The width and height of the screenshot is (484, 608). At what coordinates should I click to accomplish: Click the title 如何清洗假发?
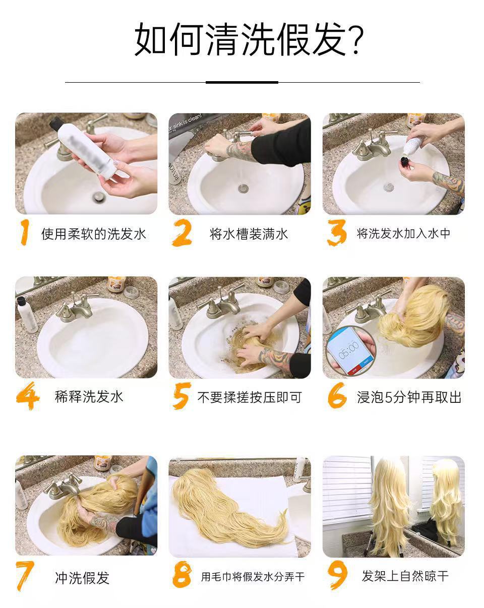pos(249,39)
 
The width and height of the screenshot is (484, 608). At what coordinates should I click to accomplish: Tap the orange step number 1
pos(25,232)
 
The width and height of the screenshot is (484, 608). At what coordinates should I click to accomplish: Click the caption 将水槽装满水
pos(249,234)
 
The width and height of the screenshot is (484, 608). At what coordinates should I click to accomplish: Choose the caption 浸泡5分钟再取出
pos(409,397)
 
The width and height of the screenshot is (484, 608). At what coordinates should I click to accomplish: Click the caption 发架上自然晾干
pos(405,576)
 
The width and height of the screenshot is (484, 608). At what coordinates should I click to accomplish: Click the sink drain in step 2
pos(243,188)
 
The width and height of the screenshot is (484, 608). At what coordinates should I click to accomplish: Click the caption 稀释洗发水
pos(89,396)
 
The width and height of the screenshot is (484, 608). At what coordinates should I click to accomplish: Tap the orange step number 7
pos(25,576)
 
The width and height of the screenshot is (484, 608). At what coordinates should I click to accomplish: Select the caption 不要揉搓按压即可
pos(250,397)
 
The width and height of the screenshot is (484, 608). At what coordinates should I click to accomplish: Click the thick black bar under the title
pos(242,82)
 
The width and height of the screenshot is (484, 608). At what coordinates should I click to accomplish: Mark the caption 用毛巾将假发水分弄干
pos(253,576)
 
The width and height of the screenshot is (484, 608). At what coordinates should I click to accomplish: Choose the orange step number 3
pos(337,232)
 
